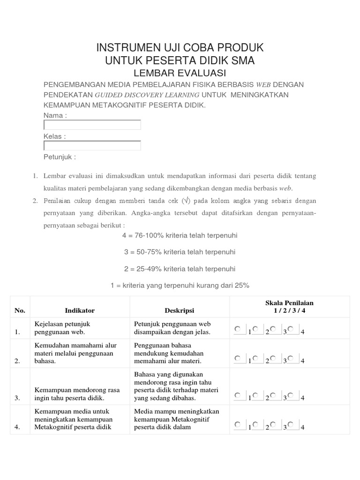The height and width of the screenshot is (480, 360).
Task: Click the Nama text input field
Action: [92, 125]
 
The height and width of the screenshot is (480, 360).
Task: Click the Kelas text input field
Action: [92, 146]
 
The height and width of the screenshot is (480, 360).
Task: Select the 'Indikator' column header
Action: [80, 310]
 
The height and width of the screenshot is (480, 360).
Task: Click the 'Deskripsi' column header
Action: [179, 310]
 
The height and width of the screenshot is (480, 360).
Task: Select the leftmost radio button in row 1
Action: [238, 329]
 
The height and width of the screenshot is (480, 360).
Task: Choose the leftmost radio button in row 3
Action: [238, 395]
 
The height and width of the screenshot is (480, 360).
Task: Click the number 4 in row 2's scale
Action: [303, 361]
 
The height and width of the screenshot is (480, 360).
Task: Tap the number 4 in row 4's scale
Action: [303, 427]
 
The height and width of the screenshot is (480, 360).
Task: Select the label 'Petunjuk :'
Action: [60, 157]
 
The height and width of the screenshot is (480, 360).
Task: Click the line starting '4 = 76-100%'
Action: [180, 235]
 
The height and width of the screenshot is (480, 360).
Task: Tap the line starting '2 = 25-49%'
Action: [180, 269]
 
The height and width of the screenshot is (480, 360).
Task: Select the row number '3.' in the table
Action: [17, 398]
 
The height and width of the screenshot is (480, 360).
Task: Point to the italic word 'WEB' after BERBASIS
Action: [263, 85]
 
